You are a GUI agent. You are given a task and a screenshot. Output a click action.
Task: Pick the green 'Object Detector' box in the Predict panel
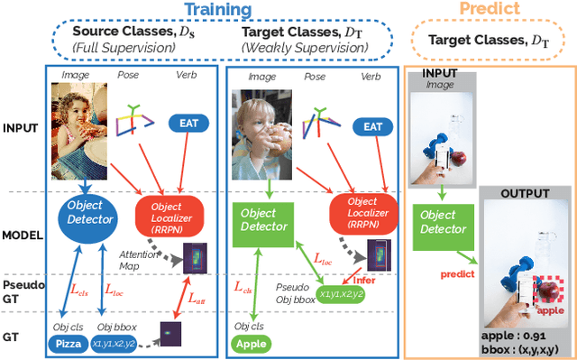point(442,222)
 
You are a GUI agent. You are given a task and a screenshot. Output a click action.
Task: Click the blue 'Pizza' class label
point(68,344)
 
